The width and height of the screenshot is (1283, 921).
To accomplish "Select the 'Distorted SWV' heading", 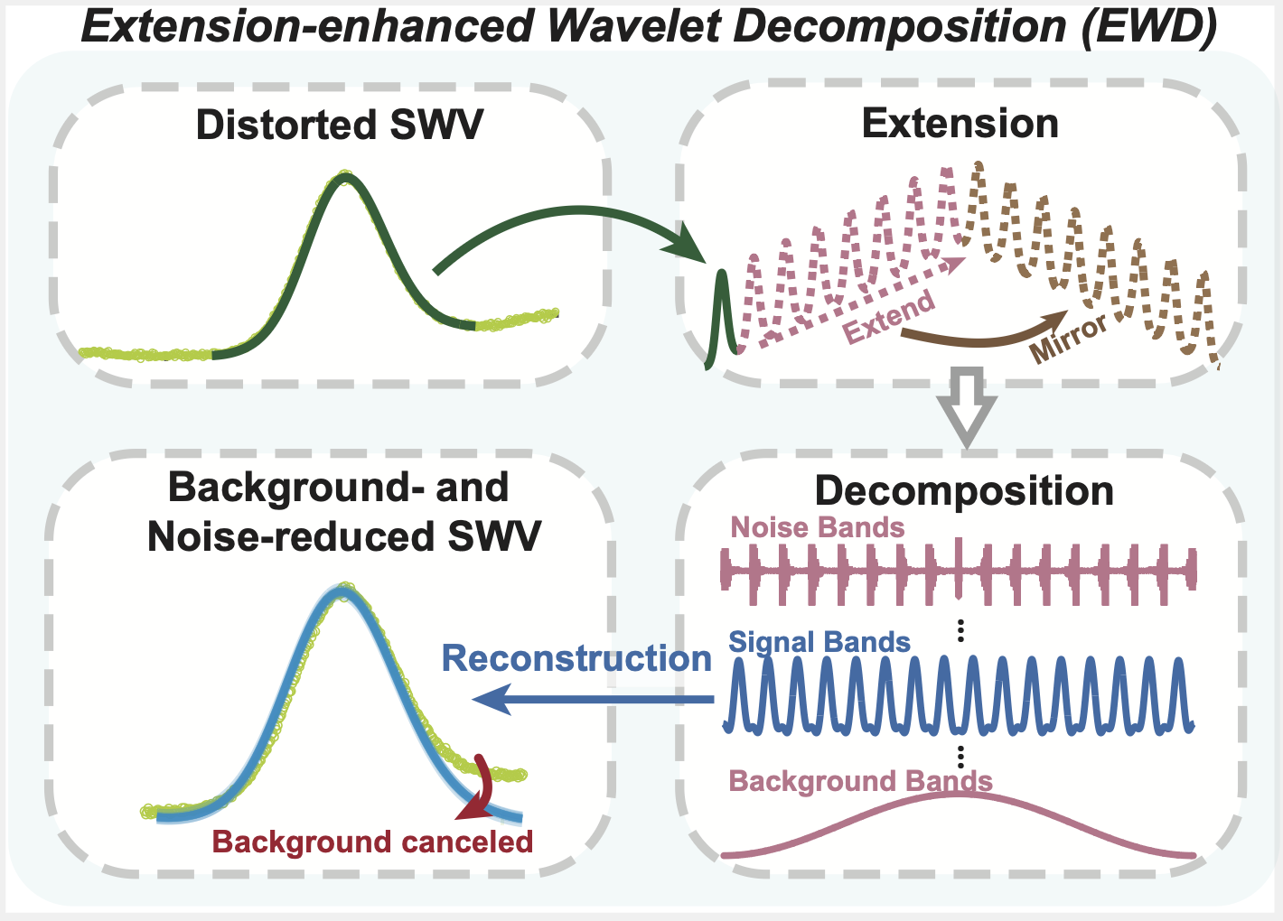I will pyautogui.click(x=339, y=125).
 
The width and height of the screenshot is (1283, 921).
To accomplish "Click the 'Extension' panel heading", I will pyautogui.click(x=960, y=123).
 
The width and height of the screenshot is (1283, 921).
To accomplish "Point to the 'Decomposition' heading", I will pyautogui.click(x=963, y=491).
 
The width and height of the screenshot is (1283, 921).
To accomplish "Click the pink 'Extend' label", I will pyautogui.click(x=889, y=317).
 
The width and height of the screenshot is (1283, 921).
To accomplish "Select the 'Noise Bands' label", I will pyautogui.click(x=817, y=527).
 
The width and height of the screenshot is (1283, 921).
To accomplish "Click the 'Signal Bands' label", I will pyautogui.click(x=819, y=642).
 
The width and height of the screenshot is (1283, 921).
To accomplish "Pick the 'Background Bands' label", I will pyautogui.click(x=860, y=781).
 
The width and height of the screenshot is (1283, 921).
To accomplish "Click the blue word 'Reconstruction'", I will pyautogui.click(x=576, y=658).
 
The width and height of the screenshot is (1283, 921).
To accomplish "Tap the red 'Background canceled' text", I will pyautogui.click(x=372, y=842).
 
